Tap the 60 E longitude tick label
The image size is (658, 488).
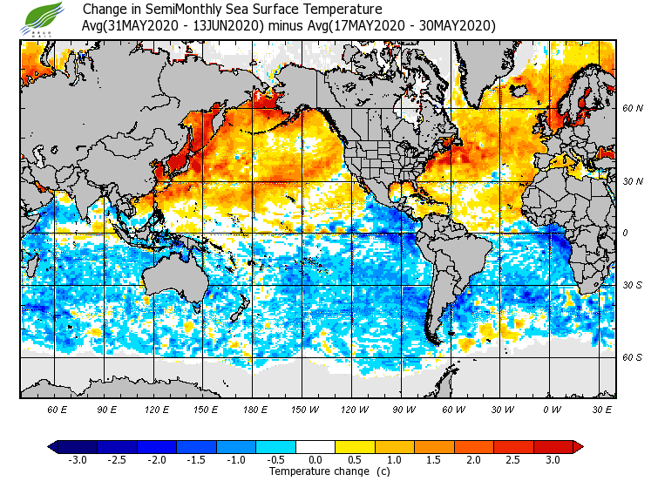tap(58, 409)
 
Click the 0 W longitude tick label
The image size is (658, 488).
tap(552, 409)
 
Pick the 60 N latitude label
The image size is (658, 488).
tap(633, 108)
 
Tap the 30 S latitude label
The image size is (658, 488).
tap(633, 285)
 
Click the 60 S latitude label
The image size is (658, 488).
tap(633, 356)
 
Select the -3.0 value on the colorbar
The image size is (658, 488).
tap(78, 460)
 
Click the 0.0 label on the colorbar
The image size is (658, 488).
tap(315, 460)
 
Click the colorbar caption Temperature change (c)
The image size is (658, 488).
tap(316, 471)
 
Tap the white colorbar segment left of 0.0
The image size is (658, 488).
tap(295, 447)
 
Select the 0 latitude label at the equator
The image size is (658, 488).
tap(626, 233)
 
